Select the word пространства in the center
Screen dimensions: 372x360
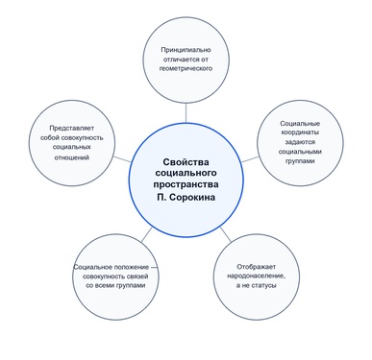(186, 184)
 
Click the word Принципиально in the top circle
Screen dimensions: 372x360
(186, 50)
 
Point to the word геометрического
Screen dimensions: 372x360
(186, 68)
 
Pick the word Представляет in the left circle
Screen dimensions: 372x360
(72, 129)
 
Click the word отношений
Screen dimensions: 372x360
(71, 157)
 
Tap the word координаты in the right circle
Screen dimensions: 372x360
(300, 132)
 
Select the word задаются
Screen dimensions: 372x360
(300, 142)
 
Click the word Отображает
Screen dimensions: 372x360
(257, 267)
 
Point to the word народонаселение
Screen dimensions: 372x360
(257, 276)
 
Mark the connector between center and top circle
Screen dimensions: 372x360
(186, 113)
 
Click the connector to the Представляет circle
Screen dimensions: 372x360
(122, 159)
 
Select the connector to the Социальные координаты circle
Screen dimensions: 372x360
(250, 159)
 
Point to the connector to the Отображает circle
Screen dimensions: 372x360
(226, 234)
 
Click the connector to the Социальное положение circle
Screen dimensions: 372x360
(146, 234)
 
